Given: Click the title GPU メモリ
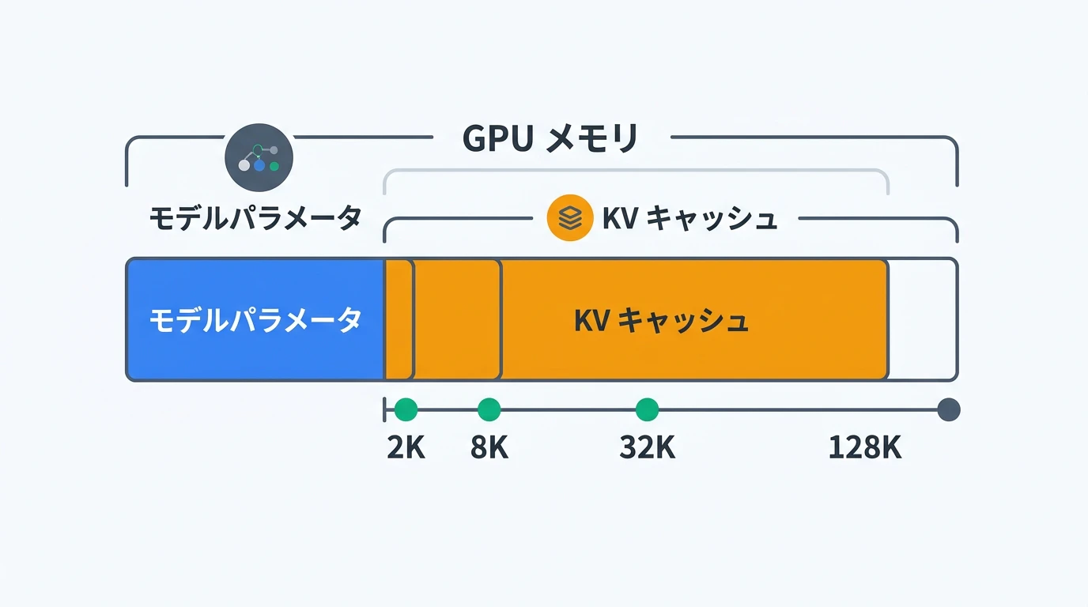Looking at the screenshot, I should [x=550, y=138].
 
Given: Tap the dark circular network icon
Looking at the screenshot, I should [x=259, y=158].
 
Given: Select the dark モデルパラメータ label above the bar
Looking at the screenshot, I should [x=255, y=217].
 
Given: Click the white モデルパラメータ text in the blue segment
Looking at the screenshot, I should [x=255, y=320].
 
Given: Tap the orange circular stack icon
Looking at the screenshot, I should [x=569, y=217].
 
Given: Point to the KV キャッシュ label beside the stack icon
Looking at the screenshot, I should [x=689, y=218].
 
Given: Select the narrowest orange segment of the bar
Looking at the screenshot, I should [x=399, y=319].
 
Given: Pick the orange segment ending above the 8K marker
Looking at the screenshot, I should [x=457, y=319].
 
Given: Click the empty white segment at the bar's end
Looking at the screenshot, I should [x=923, y=319].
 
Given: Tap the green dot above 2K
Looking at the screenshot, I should [x=406, y=409].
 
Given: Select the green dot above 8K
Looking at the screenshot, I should [x=489, y=409].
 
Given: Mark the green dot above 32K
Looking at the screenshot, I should [x=647, y=409].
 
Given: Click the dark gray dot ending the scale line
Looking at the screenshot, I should [x=948, y=409].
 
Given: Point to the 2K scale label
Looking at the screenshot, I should [x=406, y=448].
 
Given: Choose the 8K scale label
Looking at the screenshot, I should [x=489, y=448].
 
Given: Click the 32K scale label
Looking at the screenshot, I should [x=647, y=448].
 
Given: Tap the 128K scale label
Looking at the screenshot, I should [x=865, y=448].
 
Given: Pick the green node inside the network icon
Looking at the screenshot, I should [x=274, y=166].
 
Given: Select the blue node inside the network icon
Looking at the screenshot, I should [x=259, y=166].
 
